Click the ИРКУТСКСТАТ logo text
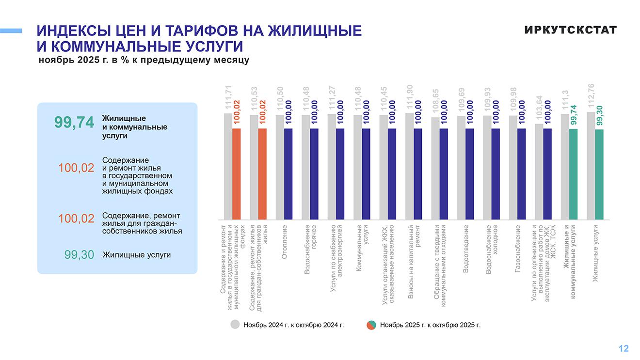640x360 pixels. pos(570,30)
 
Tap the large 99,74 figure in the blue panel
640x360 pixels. pos(74,123)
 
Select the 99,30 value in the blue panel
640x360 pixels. pos(79,255)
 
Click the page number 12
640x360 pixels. pos(624,348)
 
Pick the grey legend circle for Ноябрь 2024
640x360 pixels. pos(235,325)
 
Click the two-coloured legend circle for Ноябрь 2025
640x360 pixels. pos(371,325)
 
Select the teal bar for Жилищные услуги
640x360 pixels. pos(599,174)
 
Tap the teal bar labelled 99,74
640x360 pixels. pos(573,174)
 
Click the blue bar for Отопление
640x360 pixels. pos(288,174)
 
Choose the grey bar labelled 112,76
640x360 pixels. pos(591,166)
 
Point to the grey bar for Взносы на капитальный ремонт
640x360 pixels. pos(409,166)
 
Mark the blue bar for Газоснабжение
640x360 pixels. pos(521,174)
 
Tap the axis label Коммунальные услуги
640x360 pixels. pos(363,241)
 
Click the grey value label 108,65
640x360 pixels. pos(435,102)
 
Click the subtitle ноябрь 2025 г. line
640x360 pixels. pos(144,61)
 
